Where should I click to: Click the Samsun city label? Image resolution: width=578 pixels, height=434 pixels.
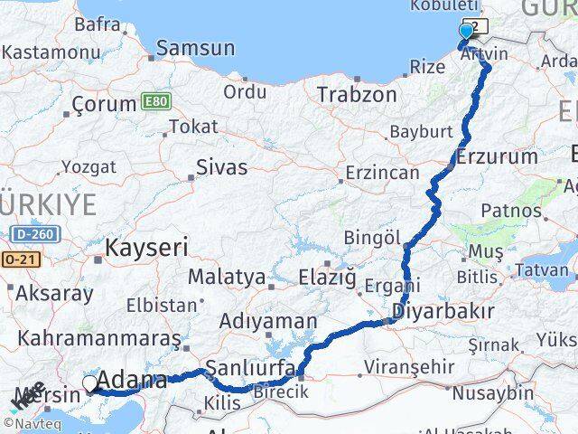click(195, 49)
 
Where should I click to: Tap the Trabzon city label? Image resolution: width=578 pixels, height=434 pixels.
click(357, 94)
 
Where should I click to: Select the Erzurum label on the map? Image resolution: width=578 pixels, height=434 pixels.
click(497, 156)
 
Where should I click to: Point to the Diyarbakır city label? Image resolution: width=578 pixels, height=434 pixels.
click(443, 312)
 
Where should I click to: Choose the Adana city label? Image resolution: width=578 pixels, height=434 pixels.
click(131, 381)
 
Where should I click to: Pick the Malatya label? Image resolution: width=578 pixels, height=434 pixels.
click(228, 277)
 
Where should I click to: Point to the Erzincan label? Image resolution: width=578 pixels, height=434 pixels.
click(383, 173)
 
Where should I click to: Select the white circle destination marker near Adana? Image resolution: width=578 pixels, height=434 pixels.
click(90, 384)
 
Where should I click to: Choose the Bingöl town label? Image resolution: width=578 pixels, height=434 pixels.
click(372, 238)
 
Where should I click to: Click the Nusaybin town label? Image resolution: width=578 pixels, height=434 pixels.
click(492, 393)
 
